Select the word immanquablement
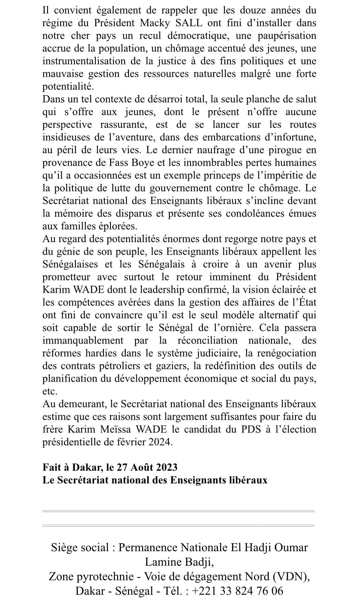point(83,340)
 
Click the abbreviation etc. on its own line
point(50,391)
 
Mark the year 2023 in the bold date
point(166,467)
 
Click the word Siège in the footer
point(65,548)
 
